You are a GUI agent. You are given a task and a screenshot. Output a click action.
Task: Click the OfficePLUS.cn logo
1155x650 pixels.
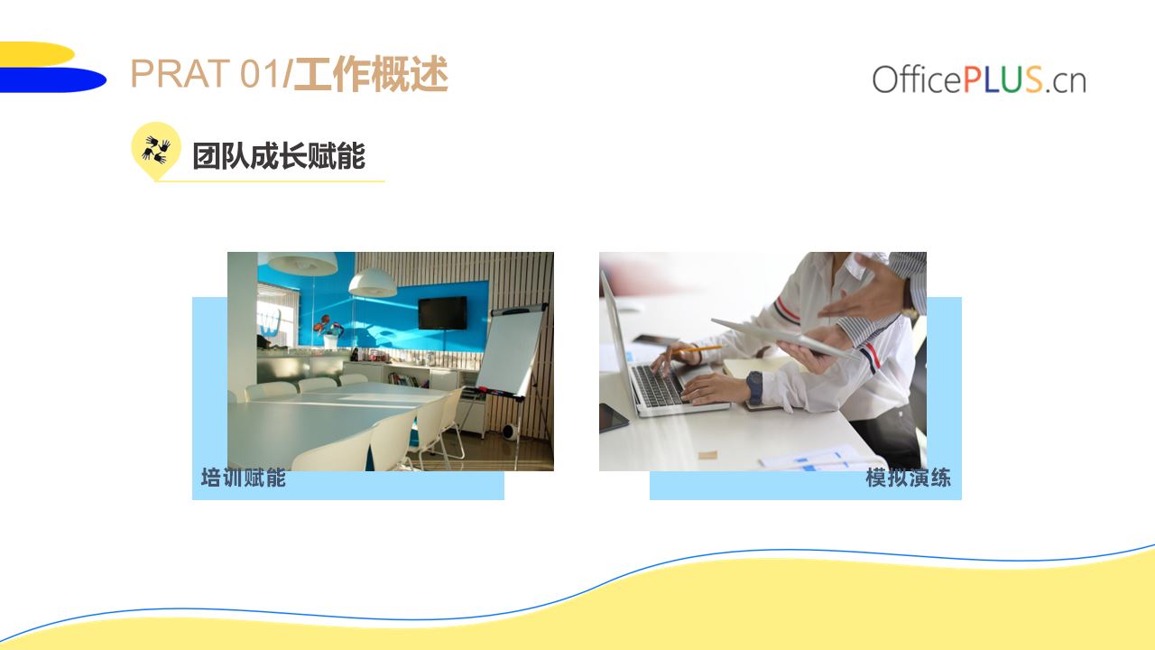979,79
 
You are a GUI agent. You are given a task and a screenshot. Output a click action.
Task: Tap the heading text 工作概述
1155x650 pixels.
371,74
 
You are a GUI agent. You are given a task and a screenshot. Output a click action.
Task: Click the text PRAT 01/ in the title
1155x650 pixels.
211,73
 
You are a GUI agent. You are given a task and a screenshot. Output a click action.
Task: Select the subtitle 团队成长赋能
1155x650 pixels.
279,156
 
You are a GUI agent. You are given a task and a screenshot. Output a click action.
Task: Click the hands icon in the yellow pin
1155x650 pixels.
156,150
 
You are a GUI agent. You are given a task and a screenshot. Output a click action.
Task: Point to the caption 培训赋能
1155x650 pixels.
244,478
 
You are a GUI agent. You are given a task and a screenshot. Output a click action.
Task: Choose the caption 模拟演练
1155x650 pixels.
908,478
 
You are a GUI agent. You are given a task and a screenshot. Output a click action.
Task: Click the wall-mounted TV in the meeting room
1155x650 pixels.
442,312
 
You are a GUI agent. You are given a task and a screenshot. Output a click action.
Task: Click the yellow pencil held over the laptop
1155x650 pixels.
696,349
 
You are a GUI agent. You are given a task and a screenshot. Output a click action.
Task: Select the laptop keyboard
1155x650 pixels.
658,385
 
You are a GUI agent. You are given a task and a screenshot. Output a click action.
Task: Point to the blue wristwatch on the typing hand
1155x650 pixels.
753,387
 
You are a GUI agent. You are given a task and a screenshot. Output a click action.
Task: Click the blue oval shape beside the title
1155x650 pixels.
52,80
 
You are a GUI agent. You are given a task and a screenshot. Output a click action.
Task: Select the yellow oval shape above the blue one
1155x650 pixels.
37,53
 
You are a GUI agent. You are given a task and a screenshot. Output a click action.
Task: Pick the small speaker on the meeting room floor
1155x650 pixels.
510,431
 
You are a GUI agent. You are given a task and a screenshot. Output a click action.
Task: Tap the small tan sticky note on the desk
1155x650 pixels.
707,455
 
